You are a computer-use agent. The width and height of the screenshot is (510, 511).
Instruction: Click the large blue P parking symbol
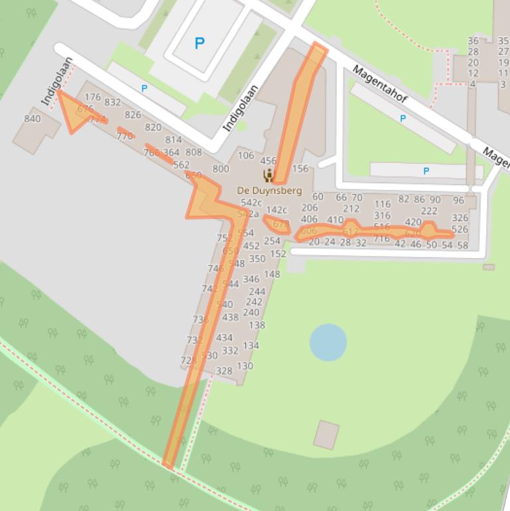[199, 44]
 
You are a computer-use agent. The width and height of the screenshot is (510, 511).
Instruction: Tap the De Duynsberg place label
[269, 190]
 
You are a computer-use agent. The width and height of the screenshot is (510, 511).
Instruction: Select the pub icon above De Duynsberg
[269, 175]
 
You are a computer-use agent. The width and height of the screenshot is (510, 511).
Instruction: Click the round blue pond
[328, 342]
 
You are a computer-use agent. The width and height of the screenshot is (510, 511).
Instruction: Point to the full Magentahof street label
[379, 84]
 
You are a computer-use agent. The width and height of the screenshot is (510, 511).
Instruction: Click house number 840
[32, 119]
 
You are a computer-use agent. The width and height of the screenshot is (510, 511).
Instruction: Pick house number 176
[93, 98]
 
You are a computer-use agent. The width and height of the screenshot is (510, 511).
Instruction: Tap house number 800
[221, 169]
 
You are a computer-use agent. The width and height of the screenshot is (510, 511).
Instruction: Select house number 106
[246, 156]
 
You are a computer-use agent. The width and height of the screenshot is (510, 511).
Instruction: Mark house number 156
[300, 169]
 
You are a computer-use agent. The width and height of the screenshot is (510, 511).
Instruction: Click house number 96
[459, 200]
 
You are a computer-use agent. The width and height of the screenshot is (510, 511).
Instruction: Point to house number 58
[462, 246]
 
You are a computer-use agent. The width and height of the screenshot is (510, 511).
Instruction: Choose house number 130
[245, 366]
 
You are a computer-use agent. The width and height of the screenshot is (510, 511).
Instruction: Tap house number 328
[225, 371]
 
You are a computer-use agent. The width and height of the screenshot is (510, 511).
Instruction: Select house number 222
[429, 211]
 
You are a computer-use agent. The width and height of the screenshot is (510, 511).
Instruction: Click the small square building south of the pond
[326, 434]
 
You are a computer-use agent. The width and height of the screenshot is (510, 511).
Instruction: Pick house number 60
[318, 196]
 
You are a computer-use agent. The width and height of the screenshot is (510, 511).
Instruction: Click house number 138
[257, 325]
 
